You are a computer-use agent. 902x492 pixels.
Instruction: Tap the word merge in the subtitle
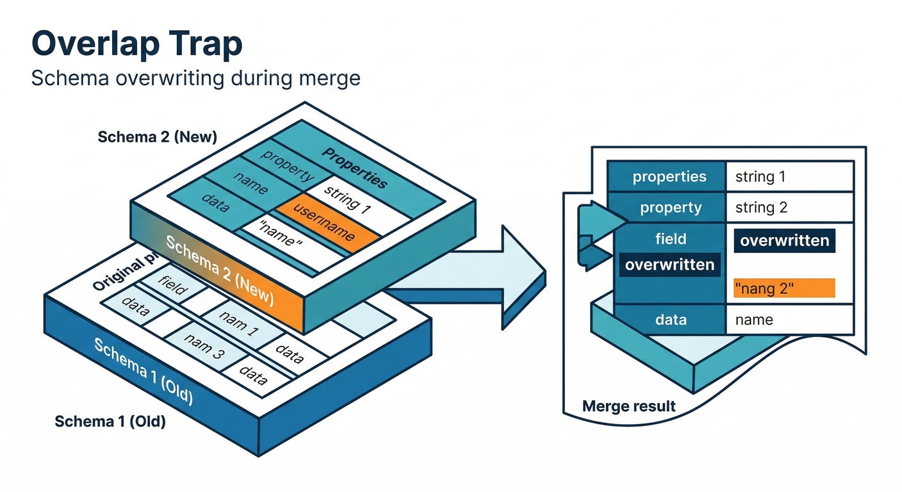pyautogui.click(x=330, y=78)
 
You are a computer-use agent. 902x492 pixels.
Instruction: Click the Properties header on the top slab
pyautogui.click(x=354, y=168)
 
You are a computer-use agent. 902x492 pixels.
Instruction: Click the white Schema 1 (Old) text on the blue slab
pyautogui.click(x=143, y=371)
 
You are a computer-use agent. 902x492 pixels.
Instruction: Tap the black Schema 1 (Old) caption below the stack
pyautogui.click(x=110, y=422)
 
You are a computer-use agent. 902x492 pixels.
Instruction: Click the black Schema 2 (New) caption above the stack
pyautogui.click(x=157, y=137)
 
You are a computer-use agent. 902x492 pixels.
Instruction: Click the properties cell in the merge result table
pyautogui.click(x=669, y=177)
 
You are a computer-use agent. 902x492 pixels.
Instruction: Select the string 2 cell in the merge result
pyautogui.click(x=761, y=208)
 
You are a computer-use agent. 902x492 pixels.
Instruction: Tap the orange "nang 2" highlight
pyautogui.click(x=783, y=288)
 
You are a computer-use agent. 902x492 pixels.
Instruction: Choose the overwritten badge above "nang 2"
pyautogui.click(x=784, y=241)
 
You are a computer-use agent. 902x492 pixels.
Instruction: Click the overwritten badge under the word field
pyautogui.click(x=669, y=265)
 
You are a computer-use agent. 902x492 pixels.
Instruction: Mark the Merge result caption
pyautogui.click(x=629, y=406)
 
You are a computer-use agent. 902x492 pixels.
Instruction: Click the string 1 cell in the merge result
pyautogui.click(x=760, y=177)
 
